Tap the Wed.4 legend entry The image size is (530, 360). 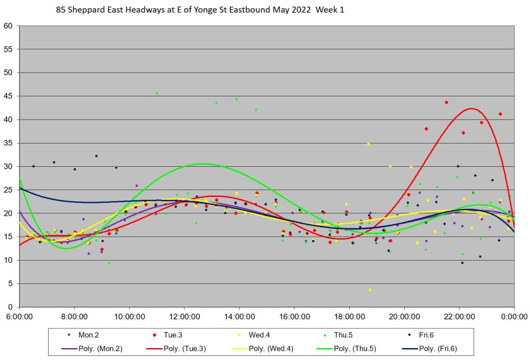point(290,335)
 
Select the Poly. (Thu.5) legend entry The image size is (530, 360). point(381,349)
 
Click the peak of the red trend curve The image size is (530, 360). point(472,108)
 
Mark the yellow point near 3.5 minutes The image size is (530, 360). point(370,290)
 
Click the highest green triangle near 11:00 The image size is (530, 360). point(157,93)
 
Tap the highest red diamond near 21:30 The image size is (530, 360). point(446,103)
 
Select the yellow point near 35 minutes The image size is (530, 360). point(369,144)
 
